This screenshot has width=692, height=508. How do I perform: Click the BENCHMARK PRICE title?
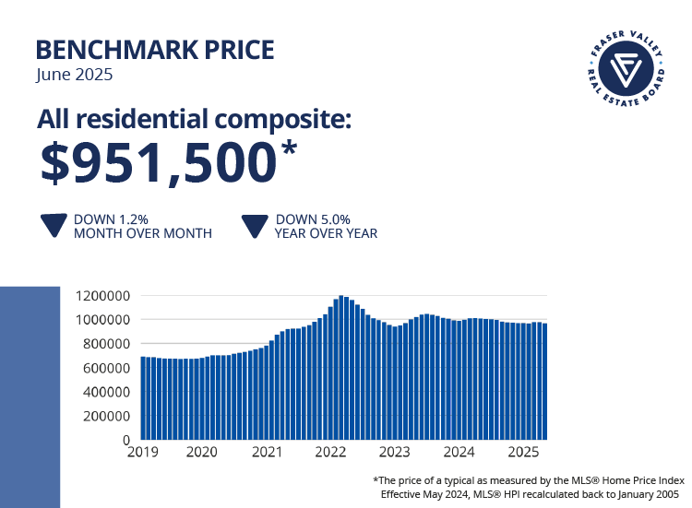click(155, 49)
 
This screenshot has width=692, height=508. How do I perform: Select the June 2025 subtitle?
click(75, 75)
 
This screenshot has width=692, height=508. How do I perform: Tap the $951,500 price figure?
click(158, 162)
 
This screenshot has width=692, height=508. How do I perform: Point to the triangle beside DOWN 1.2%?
click(54, 227)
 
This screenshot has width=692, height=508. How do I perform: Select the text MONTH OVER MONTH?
click(143, 233)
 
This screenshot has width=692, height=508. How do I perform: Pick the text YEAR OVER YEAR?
click(326, 233)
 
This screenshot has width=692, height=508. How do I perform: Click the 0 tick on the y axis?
click(124, 440)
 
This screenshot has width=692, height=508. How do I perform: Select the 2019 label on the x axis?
click(142, 453)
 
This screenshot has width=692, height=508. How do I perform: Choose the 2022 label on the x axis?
click(330, 453)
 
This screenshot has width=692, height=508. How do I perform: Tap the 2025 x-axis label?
click(523, 453)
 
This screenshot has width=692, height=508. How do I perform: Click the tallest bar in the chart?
click(341, 369)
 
